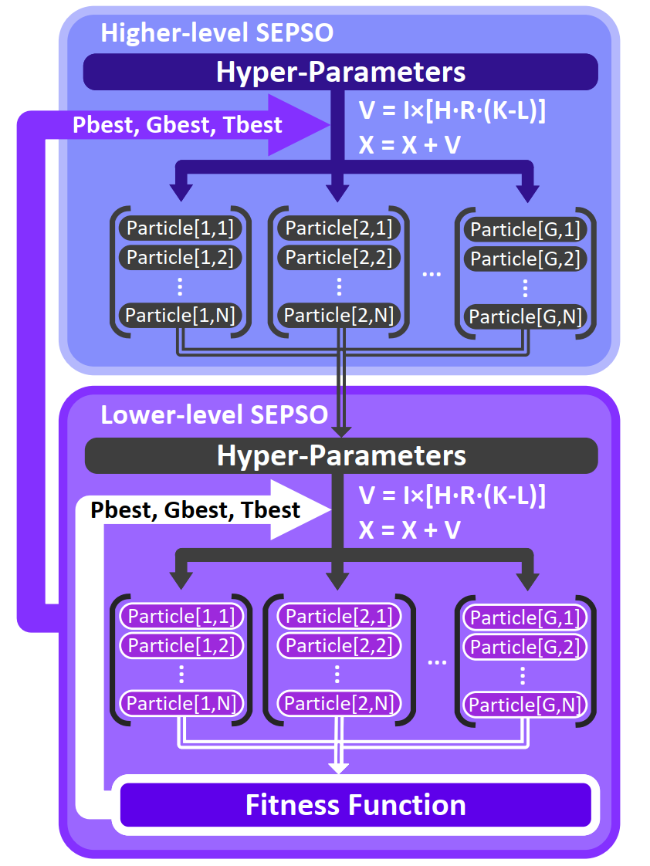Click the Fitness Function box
point(355,805)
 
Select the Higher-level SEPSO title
point(217,33)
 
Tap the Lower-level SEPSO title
point(214,414)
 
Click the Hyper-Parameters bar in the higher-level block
point(340,72)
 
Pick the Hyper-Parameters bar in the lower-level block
point(340,455)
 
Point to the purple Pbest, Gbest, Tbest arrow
point(178,124)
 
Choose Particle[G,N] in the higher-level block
point(525,316)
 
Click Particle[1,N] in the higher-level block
point(181,315)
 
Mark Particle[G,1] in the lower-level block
point(525,617)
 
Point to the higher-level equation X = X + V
point(410,144)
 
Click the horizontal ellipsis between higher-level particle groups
point(432,274)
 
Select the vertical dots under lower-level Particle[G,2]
point(523,676)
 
